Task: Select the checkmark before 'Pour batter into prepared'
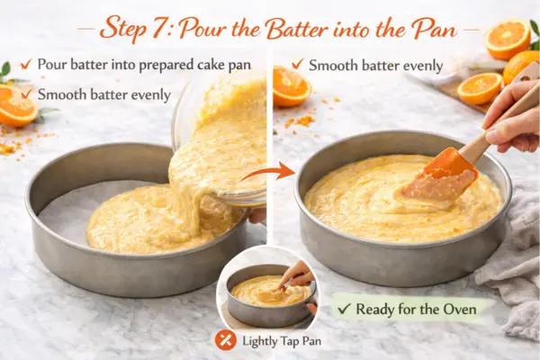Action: point(26,64)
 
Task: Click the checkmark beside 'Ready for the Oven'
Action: point(345,309)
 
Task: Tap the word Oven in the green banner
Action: point(460,309)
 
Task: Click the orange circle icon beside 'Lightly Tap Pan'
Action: point(226,340)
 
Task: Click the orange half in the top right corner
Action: point(508,39)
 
